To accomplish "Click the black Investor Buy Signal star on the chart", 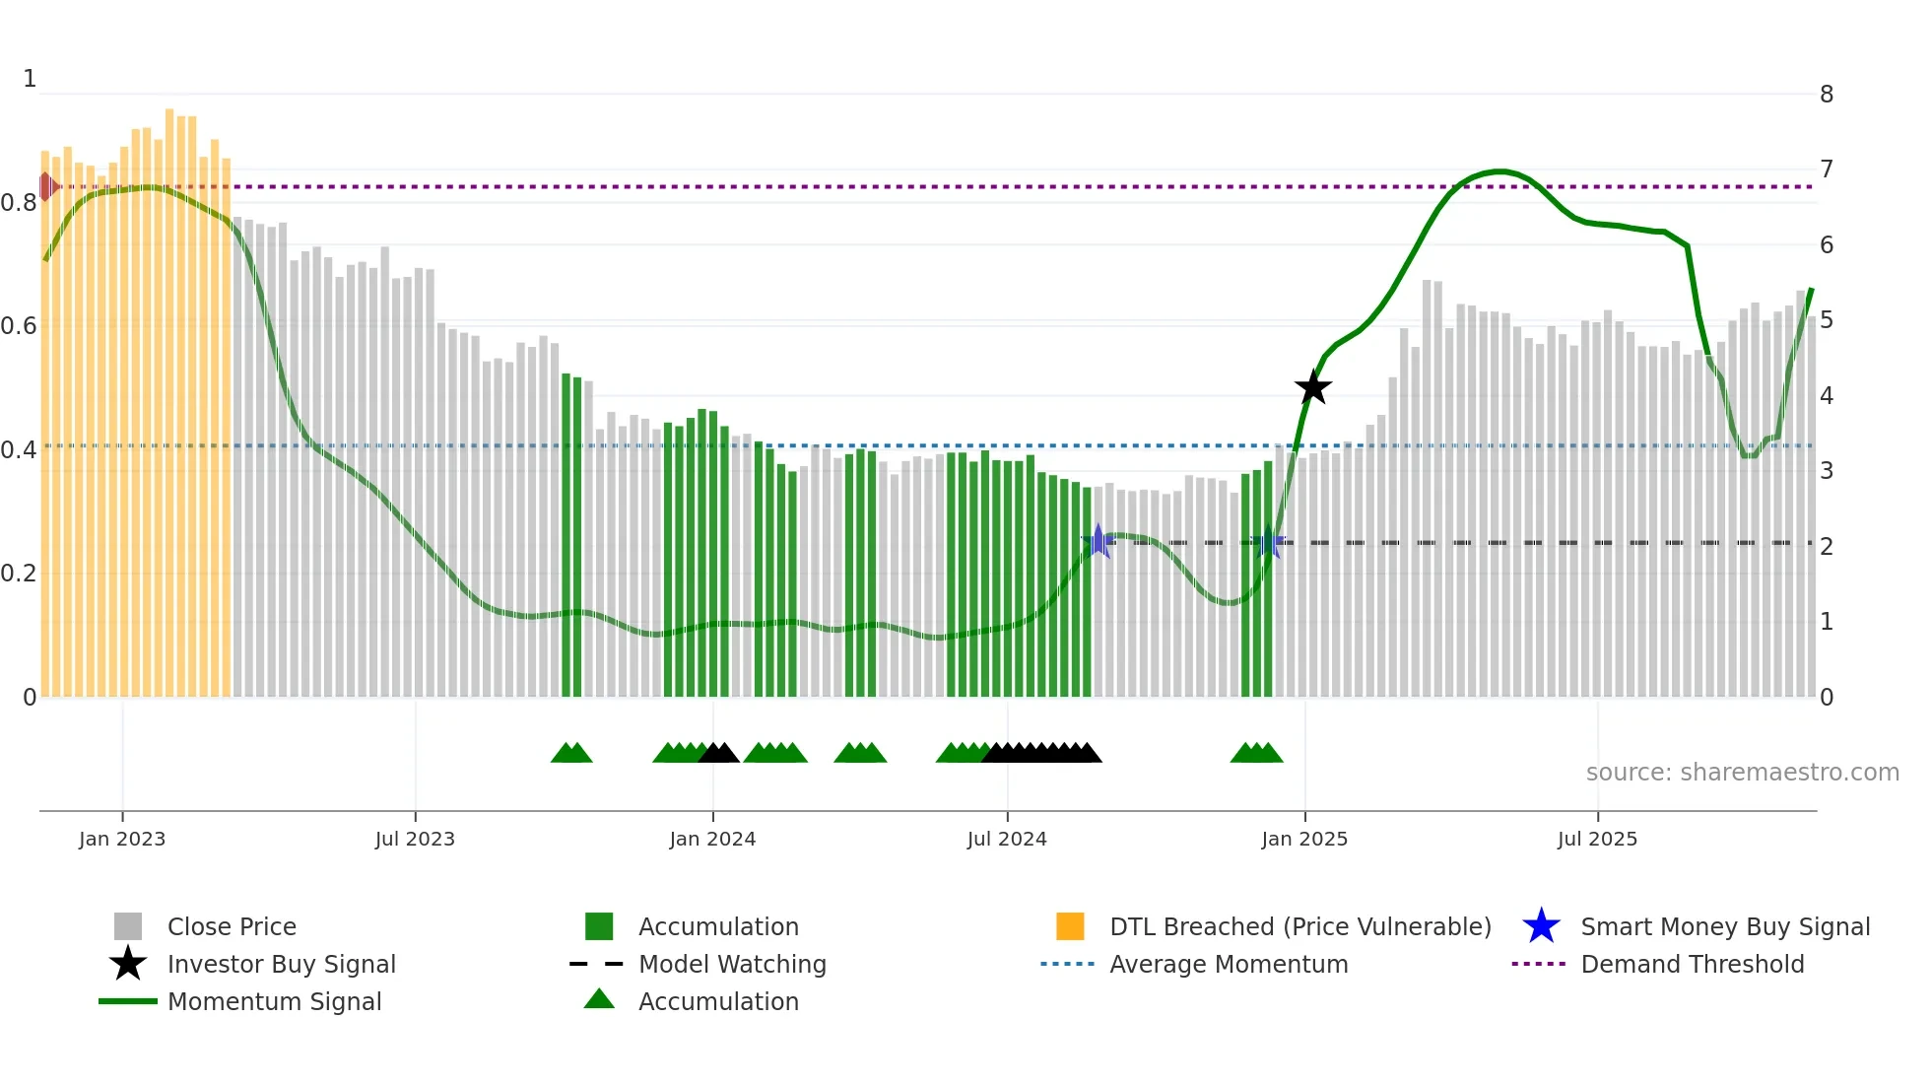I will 1312,387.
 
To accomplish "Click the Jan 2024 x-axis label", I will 712,839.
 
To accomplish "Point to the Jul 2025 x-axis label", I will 1597,839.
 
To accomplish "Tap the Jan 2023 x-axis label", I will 122,839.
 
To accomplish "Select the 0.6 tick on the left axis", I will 19,325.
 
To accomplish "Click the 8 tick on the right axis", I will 1827,95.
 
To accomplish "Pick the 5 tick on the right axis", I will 1827,320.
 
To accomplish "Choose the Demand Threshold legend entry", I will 1692,964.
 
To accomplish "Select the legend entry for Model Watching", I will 732,964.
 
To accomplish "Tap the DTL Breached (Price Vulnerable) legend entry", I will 1299,926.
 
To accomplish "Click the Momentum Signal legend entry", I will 274,1001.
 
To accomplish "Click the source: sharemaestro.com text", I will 1742,772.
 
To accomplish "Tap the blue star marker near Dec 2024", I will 1269,542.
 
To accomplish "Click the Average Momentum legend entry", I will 1228,964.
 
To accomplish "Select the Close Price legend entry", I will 232,926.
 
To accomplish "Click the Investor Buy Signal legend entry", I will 281,964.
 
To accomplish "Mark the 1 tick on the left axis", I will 30,79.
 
